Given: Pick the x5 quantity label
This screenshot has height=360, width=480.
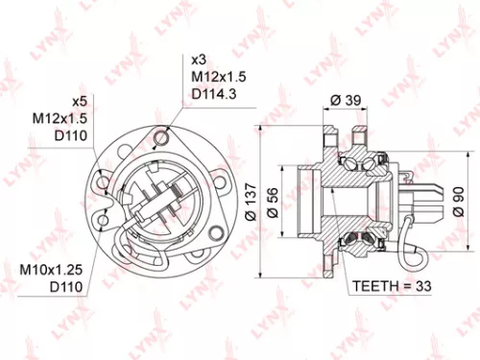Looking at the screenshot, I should pos(80,100).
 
